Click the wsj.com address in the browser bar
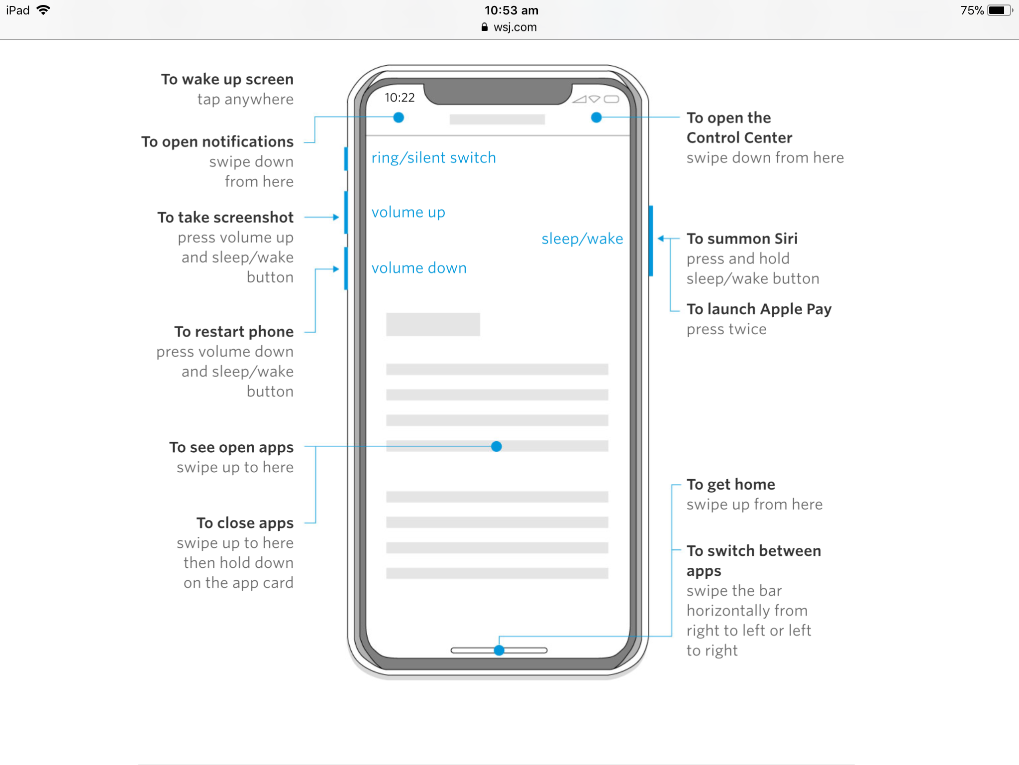[515, 27]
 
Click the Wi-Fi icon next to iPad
[44, 10]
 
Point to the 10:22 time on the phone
[400, 98]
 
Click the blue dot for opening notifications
[399, 118]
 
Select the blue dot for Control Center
[596, 118]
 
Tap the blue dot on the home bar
[499, 650]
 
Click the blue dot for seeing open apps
[496, 446]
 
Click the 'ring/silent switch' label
[433, 158]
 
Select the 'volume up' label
[408, 213]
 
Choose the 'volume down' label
[419, 268]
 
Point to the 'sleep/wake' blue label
[582, 239]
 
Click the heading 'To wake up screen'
[227, 80]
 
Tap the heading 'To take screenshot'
[225, 217]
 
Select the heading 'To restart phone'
[234, 332]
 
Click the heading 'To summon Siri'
[742, 239]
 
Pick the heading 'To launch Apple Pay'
[759, 309]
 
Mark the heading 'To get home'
[730, 485]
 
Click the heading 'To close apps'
[245, 523]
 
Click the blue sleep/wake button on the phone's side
[651, 241]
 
